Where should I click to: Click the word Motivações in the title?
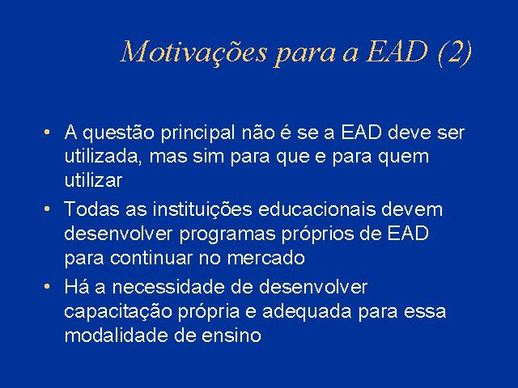(194, 53)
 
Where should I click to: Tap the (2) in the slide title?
(455, 52)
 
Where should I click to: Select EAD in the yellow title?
(397, 52)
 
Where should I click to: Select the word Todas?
(91, 209)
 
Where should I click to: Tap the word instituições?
(202, 210)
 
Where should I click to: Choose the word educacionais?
(317, 209)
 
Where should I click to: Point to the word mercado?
(266, 258)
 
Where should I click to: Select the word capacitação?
(118, 312)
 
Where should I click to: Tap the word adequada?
(307, 312)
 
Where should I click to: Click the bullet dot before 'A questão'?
(47, 133)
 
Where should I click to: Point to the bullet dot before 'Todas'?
(47, 209)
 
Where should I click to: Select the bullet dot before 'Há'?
(47, 286)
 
